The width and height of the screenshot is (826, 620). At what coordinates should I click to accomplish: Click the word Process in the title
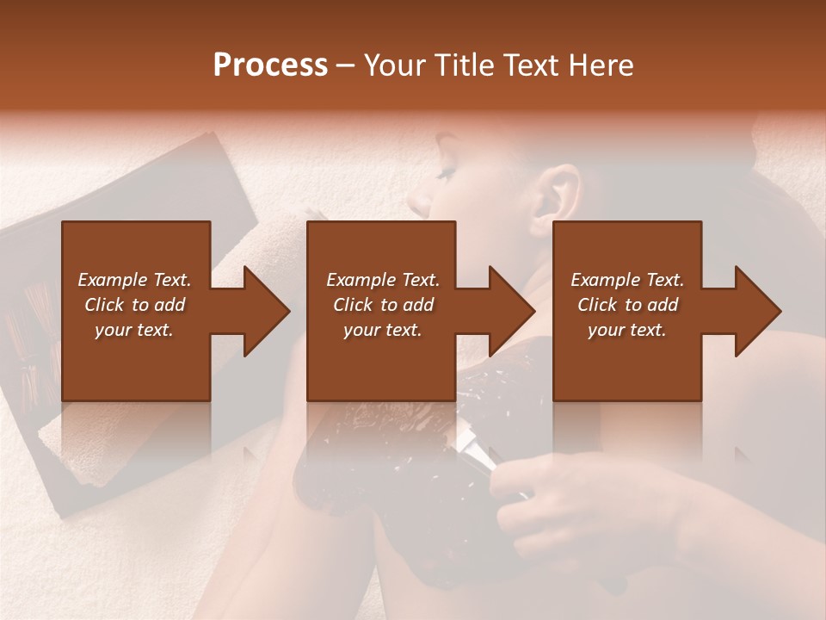pos(270,65)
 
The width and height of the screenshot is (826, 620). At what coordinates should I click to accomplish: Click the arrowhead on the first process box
pos(265,311)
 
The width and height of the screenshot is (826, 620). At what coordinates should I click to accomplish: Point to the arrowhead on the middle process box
pos(510,311)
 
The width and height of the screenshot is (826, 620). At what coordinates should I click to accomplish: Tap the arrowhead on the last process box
pos(756,311)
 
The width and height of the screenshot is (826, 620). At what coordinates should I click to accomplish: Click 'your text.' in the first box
pos(134,330)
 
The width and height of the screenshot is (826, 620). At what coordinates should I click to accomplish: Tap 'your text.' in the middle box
pos(382,330)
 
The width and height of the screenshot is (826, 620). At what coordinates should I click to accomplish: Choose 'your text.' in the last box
pos(626,330)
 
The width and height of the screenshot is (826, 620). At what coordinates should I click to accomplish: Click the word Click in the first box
pos(105,305)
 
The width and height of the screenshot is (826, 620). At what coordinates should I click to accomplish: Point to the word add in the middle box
pos(418,305)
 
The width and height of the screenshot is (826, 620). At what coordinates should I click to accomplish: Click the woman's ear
pos(558,191)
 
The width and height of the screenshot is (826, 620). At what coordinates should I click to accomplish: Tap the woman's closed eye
pos(445,174)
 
